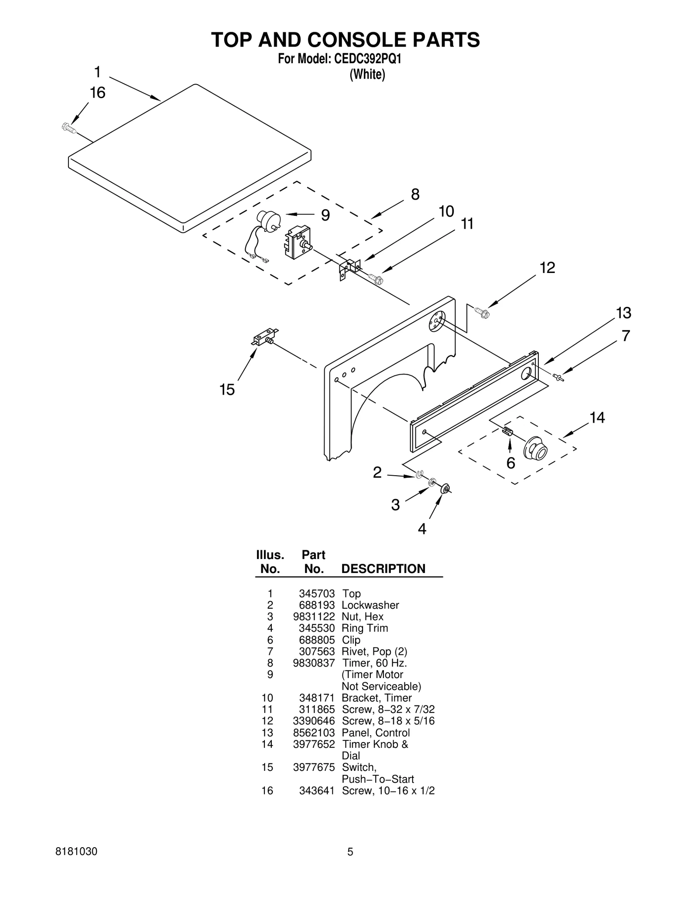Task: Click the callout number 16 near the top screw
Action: (x=98, y=93)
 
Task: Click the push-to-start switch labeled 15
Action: (x=264, y=338)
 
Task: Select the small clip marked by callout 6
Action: (x=507, y=431)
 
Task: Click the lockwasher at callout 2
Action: (x=420, y=474)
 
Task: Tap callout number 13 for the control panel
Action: (x=623, y=313)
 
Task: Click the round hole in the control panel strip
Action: (x=526, y=373)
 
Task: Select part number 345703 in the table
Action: (x=317, y=593)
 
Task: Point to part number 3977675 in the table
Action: (x=314, y=767)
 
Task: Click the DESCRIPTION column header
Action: (x=383, y=569)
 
